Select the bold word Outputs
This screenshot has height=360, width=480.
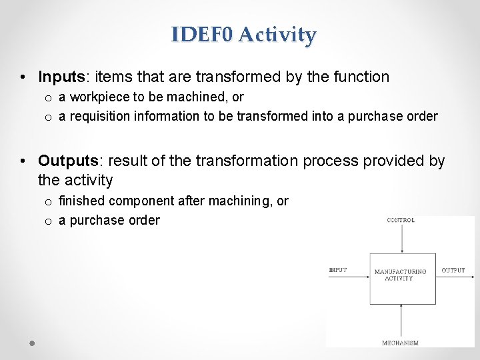(67, 161)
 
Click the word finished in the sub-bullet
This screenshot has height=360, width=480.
(82, 201)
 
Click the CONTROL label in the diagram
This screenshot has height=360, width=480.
(401, 220)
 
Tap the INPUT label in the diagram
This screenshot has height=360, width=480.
(338, 270)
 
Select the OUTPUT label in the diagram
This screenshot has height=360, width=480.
(453, 270)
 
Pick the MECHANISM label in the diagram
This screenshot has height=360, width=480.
(401, 343)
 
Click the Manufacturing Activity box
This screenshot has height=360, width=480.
(402, 279)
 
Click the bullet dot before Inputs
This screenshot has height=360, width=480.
(23, 78)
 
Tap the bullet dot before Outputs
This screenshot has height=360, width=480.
(23, 162)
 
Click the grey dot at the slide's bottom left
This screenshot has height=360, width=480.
(31, 343)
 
